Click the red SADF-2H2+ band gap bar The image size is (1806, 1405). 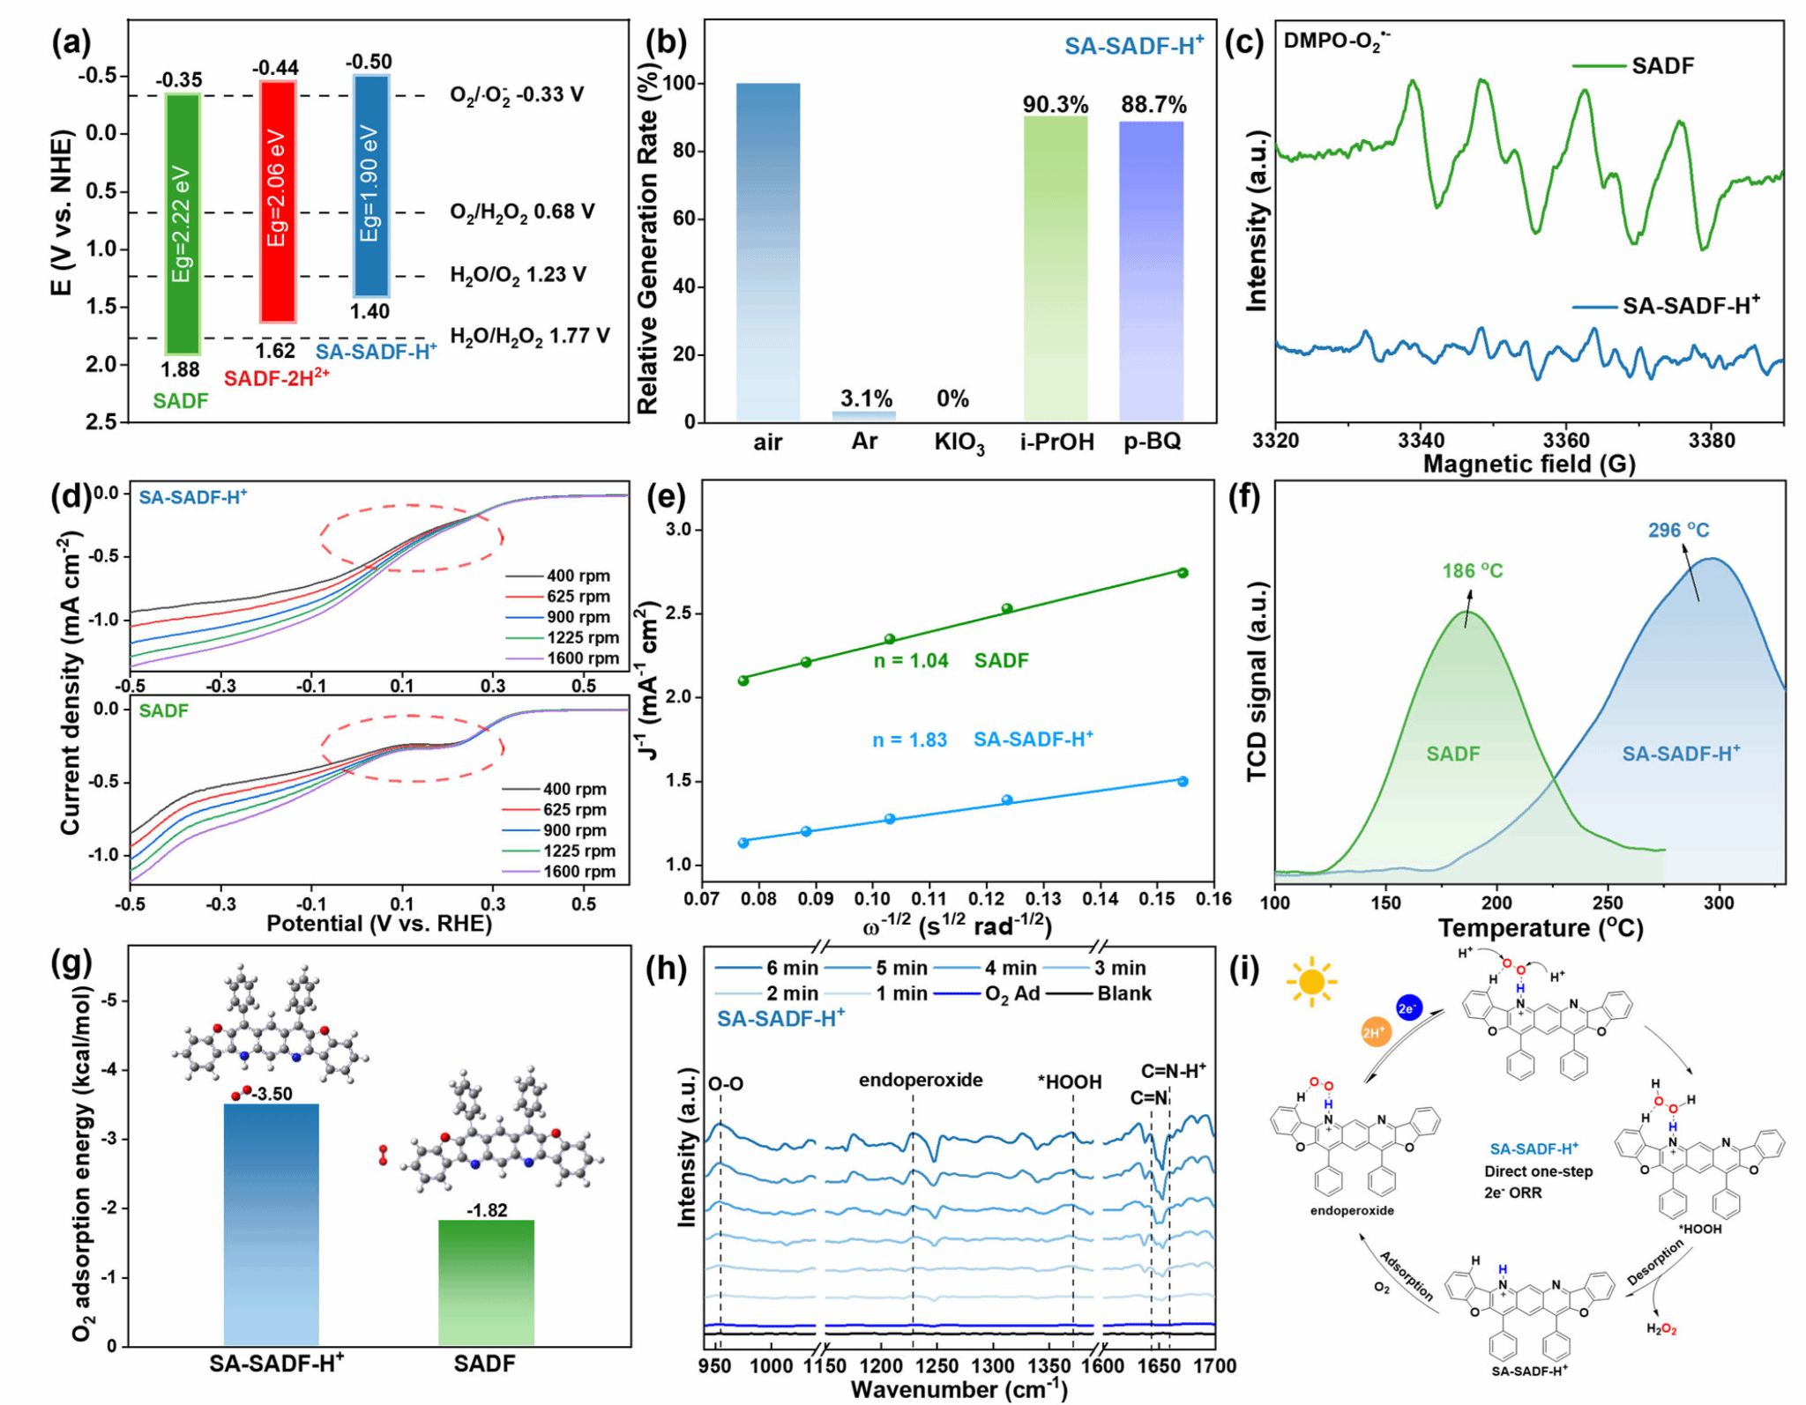pos(277,201)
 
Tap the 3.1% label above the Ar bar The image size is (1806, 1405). pos(865,398)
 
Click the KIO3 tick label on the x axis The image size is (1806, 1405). pos(959,443)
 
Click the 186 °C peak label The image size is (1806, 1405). pos(1472,571)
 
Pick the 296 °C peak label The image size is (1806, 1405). pos(1677,531)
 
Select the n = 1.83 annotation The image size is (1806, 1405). pos(909,740)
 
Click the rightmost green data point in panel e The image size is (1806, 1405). pos(1182,573)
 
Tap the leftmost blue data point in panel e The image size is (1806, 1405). pos(743,843)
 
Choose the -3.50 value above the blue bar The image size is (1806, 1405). pos(271,1094)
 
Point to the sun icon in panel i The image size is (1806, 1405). pos(1311,980)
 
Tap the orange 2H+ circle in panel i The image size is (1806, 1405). pos(1375,1032)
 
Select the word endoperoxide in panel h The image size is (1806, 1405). pos(920,1080)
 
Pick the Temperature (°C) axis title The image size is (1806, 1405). pos(1540,928)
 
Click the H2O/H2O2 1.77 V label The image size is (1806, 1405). pos(529,336)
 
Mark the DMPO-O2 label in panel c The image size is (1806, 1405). pos(1335,41)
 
